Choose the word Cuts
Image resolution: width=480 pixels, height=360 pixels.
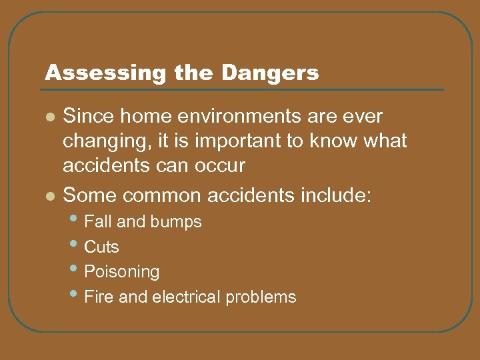tap(101, 247)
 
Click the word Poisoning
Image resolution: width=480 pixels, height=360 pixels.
tap(121, 272)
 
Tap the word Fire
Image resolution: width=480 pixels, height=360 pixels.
tap(97, 297)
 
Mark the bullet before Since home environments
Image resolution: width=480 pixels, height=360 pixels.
tap(48, 117)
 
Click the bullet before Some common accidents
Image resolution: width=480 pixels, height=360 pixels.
tap(48, 196)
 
